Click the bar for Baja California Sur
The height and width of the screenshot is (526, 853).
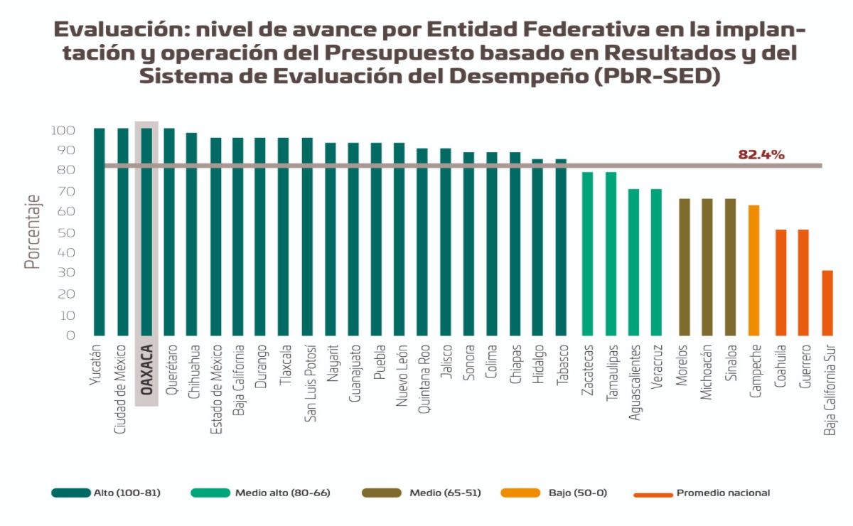point(827,303)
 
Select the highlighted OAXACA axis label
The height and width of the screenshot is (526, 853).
point(146,370)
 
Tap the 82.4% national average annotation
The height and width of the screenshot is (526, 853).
point(761,154)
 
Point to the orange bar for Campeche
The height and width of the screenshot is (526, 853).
point(754,270)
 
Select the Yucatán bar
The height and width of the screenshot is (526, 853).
point(99,232)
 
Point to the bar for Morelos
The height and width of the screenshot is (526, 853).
point(684,267)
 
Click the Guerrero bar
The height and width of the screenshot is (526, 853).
point(803,282)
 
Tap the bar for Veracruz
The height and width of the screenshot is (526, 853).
point(656,262)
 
